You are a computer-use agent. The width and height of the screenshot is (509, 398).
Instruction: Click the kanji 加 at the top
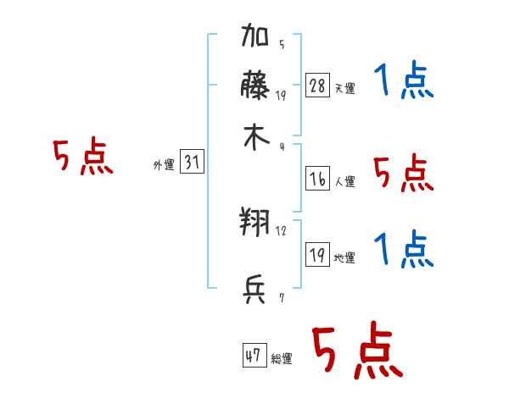pyautogui.click(x=255, y=40)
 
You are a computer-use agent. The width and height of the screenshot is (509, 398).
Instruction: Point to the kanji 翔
pyautogui.click(x=255, y=224)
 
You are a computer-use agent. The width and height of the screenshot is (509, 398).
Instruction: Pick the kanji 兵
pyautogui.click(x=255, y=290)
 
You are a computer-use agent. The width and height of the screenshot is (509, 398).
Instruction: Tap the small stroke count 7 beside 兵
pyautogui.click(x=281, y=297)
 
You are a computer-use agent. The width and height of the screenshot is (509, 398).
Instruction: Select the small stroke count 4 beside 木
pyautogui.click(x=281, y=146)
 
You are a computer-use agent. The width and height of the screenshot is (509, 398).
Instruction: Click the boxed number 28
pyautogui.click(x=317, y=86)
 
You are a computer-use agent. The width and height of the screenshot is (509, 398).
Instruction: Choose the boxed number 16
pyautogui.click(x=317, y=178)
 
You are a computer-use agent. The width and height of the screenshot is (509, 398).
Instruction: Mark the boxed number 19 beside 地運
pyautogui.click(x=317, y=255)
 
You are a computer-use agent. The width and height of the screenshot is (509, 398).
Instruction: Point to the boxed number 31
pyautogui.click(x=192, y=163)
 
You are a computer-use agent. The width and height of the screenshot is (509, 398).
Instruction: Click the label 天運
pyautogui.click(x=344, y=88)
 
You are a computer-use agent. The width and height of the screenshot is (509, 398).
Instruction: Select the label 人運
pyautogui.click(x=344, y=180)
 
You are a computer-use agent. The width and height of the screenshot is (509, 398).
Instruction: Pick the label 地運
pyautogui.click(x=344, y=257)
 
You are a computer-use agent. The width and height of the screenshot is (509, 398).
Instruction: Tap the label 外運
pyautogui.click(x=164, y=165)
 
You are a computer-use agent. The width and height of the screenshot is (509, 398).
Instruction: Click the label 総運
pyautogui.click(x=282, y=359)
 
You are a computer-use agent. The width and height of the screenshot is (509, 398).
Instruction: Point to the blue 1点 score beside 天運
pyautogui.click(x=404, y=81)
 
